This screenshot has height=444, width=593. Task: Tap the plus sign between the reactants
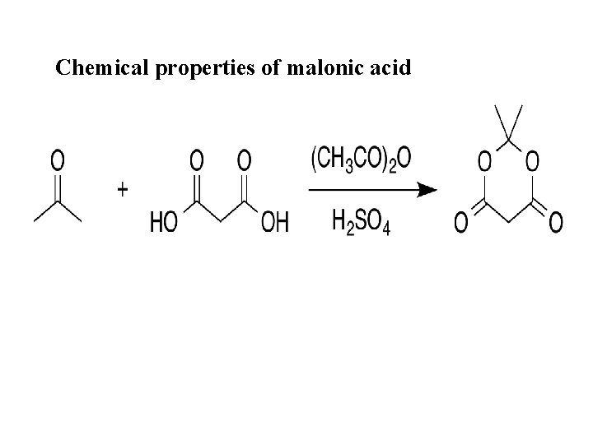(x=123, y=190)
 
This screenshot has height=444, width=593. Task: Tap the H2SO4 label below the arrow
(x=362, y=221)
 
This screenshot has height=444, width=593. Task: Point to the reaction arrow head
(x=426, y=191)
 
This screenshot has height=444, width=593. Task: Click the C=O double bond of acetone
(x=58, y=187)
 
